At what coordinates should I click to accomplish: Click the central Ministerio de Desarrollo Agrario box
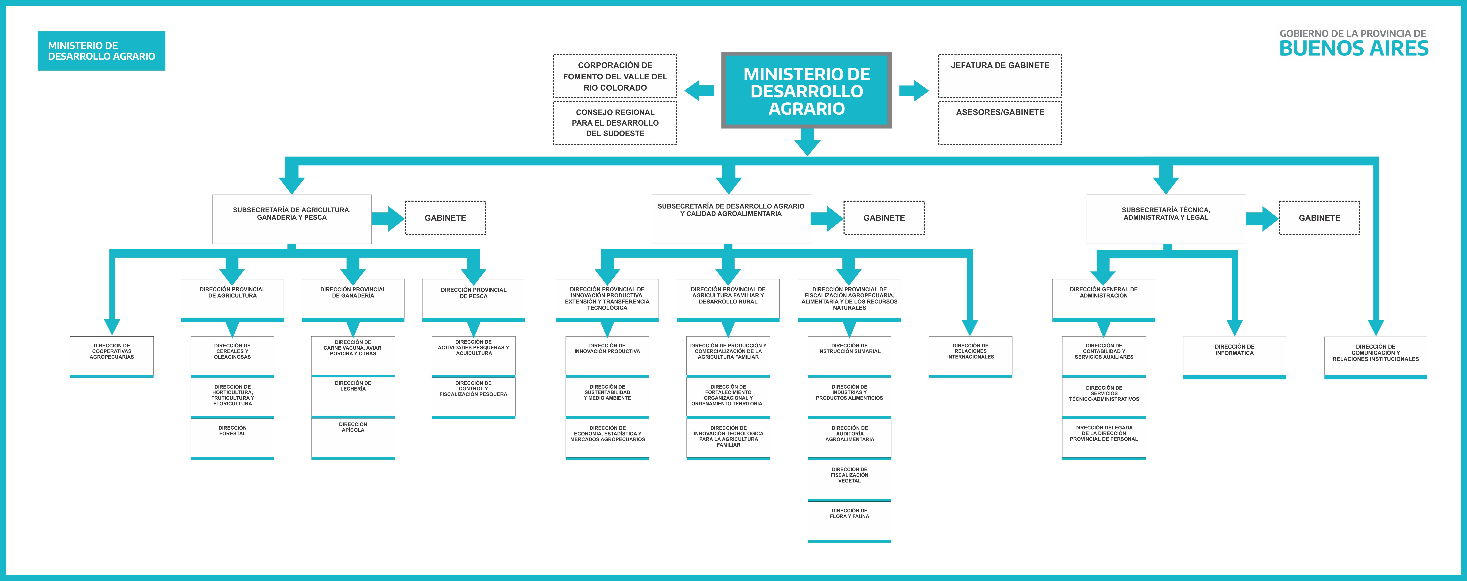806,90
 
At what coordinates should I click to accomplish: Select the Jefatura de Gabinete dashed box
1000,76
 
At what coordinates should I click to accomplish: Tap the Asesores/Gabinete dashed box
1000,122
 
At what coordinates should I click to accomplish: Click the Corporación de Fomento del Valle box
615,76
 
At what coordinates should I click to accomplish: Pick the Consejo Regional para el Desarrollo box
615,122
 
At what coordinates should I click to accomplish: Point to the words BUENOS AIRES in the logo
1354,48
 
